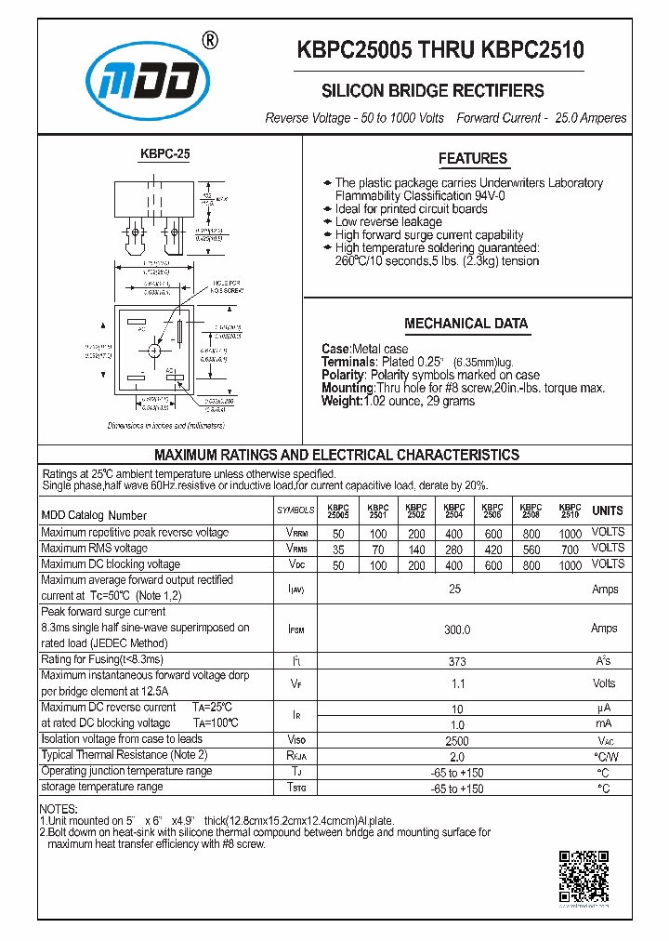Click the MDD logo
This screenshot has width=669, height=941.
tap(148, 82)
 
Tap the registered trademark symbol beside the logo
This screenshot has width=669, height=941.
tap(210, 40)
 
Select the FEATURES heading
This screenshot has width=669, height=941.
tap(473, 158)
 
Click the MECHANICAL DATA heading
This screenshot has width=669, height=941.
tap(466, 324)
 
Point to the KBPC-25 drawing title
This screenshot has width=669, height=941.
tap(165, 153)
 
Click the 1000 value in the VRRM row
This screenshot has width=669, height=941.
tap(571, 534)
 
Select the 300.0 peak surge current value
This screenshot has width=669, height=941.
tap(456, 630)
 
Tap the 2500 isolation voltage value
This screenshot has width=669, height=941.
tap(456, 741)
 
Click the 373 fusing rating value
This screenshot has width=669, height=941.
tap(456, 660)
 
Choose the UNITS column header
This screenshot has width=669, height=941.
tap(608, 510)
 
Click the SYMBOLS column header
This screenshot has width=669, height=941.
tap(295, 510)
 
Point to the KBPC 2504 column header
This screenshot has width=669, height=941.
tap(454, 510)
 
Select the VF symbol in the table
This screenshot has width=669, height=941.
tap(295, 683)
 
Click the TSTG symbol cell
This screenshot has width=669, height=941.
tap(295, 789)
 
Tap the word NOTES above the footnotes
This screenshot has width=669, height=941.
tap(59, 809)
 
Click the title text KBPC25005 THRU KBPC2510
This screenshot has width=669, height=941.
tap(440, 50)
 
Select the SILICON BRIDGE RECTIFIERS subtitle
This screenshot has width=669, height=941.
tap(432, 91)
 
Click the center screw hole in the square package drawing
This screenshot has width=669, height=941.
tap(154, 349)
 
